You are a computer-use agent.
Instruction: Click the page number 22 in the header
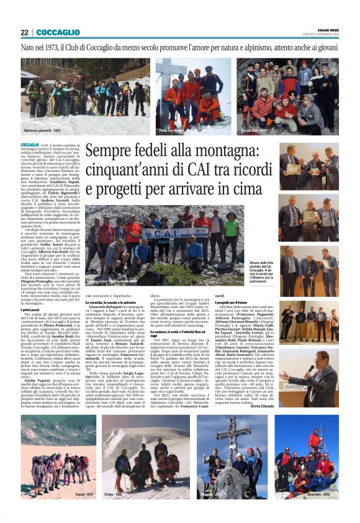click(25, 32)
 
